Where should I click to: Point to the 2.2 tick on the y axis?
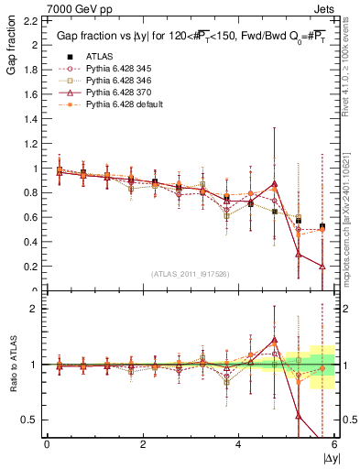[x=30, y=21]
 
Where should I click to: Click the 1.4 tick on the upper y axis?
[x=30, y=119]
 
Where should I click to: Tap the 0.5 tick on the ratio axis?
[x=30, y=420]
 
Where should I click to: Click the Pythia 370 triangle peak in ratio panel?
[x=275, y=340]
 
